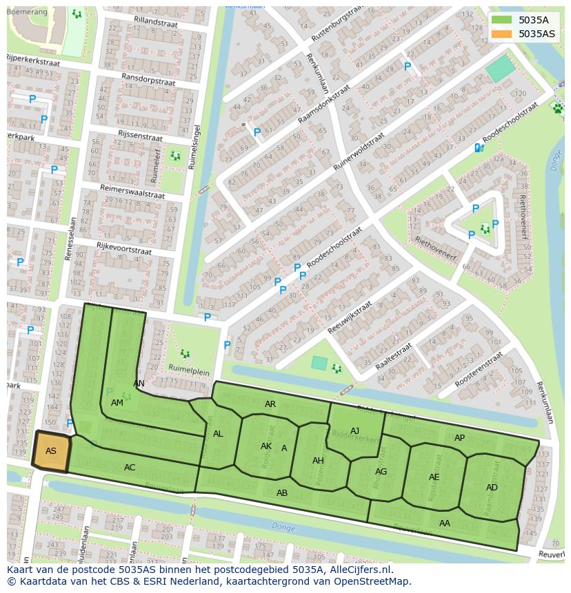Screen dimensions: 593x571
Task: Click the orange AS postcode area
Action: (51, 452)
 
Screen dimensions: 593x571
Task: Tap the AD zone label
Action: (492, 488)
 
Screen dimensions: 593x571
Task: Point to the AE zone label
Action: (434, 477)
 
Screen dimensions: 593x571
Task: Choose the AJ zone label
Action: (354, 431)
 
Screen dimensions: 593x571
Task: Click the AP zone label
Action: (459, 438)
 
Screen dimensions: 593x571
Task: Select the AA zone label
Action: (445, 523)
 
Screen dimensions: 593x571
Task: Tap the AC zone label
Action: (130, 468)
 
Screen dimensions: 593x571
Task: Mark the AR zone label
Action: (270, 404)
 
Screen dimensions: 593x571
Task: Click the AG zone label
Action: (381, 472)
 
